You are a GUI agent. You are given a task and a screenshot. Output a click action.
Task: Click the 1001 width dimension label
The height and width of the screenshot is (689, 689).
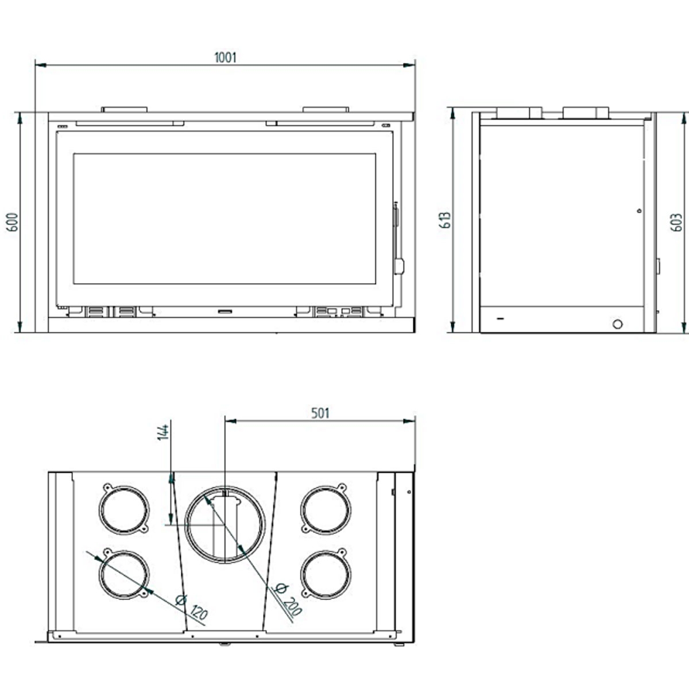pos(225,57)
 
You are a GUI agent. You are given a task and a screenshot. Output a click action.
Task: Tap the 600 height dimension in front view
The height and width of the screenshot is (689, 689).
pos(13,222)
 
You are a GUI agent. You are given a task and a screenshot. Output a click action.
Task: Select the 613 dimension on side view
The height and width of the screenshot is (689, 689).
pos(446,220)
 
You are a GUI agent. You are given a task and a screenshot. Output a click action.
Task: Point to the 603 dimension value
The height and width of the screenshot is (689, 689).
pos(677,222)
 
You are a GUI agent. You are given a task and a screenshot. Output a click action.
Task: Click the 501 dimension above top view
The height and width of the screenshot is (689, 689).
pos(320,413)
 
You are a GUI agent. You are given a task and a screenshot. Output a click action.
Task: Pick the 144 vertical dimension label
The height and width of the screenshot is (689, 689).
pos(163,432)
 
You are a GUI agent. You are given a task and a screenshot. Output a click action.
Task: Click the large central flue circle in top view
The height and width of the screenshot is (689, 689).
pos(225,525)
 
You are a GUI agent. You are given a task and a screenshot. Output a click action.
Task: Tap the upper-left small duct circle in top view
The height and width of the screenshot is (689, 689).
pos(123,510)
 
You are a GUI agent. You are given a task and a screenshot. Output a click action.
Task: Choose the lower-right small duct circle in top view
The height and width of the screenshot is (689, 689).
pos(326,575)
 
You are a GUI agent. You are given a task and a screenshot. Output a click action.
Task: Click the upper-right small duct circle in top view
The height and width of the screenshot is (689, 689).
pos(326,510)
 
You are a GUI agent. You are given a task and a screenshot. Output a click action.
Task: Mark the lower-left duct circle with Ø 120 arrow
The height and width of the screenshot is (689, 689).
pos(123,575)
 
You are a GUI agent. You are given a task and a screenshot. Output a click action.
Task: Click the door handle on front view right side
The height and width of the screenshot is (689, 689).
pos(398,266)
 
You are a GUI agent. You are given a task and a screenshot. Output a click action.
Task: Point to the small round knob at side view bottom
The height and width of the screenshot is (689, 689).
pos(617,323)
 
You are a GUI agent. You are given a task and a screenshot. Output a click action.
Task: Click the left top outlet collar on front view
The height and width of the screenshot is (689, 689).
pos(125,109)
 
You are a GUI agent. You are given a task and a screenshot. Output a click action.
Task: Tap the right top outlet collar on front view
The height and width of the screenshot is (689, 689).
pos(326,109)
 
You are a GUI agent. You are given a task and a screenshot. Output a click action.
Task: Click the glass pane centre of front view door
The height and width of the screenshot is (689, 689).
pos(224,219)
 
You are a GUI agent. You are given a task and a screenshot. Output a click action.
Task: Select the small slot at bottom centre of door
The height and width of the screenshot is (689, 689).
pos(224,311)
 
